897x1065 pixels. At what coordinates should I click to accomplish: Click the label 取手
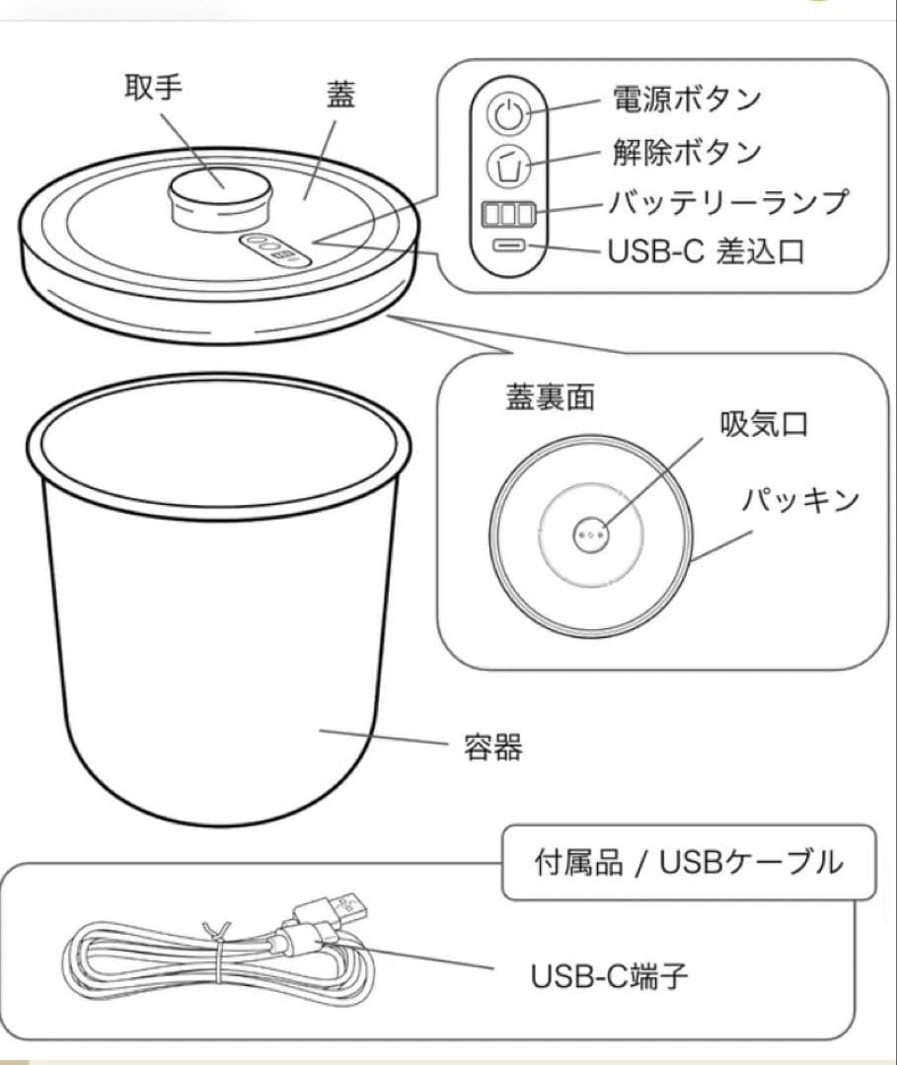(152, 88)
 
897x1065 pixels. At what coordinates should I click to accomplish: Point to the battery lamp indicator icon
(508, 213)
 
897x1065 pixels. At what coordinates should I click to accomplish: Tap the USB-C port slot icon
(508, 247)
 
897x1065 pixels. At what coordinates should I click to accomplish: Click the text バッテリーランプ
(727, 202)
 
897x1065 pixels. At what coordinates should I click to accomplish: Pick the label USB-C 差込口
(707, 251)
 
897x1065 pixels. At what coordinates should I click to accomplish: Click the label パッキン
(800, 499)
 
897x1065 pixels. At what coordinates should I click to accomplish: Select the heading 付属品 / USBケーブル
(689, 863)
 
